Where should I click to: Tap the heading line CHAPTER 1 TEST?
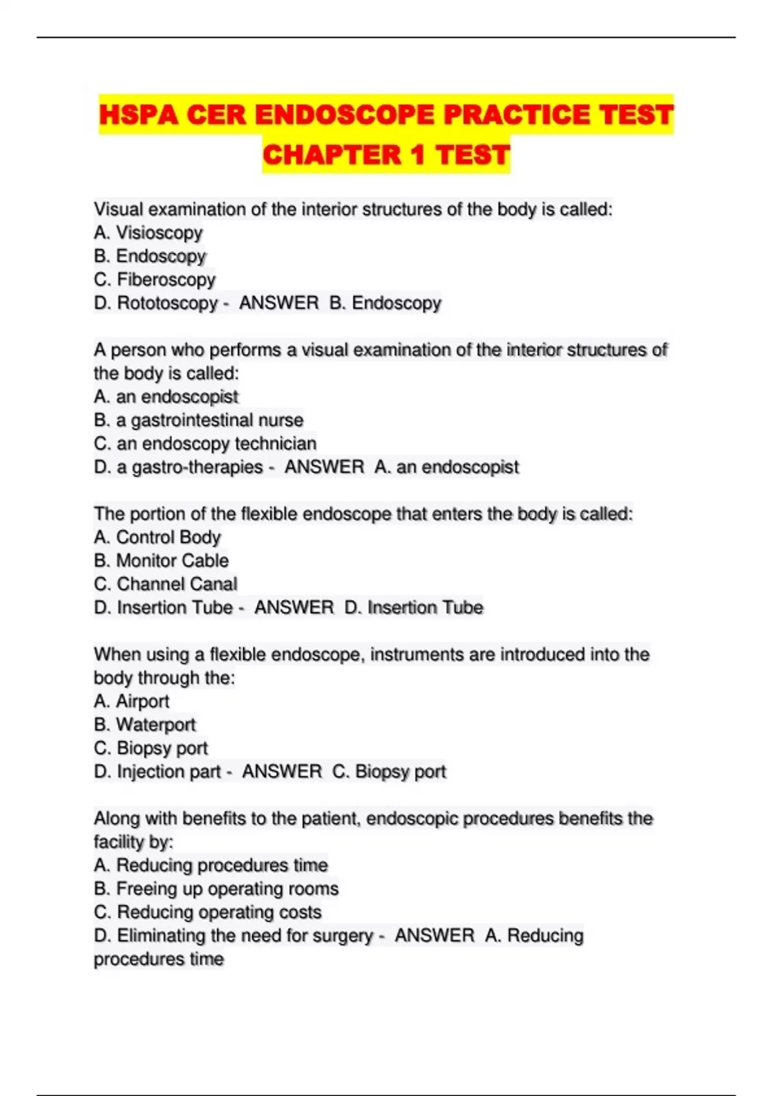386,155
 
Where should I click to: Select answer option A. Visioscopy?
148,233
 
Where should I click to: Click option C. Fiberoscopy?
155,280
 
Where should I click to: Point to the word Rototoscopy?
167,303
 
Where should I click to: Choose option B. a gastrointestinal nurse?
198,420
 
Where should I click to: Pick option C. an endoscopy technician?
205,444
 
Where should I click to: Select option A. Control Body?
157,537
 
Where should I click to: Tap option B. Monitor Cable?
161,561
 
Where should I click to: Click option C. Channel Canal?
166,584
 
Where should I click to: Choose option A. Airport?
131,701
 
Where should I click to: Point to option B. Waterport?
145,725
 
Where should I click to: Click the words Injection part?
168,772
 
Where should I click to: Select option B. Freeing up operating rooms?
216,889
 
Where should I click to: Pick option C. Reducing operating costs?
207,912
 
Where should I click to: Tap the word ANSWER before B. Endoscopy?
279,303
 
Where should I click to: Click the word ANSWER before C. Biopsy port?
282,772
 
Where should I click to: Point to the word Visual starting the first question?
115,210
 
